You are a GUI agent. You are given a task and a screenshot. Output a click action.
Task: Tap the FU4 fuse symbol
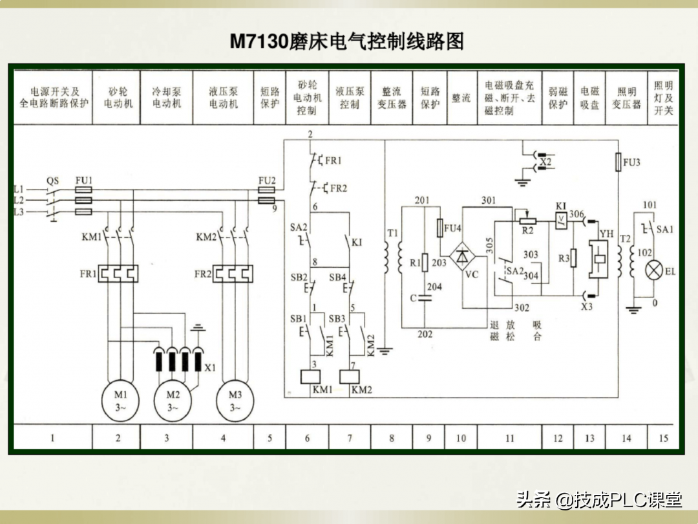pos(441,228)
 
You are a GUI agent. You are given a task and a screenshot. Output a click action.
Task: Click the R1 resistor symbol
pos(425,262)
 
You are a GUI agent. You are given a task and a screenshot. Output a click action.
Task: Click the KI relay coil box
pos(561,221)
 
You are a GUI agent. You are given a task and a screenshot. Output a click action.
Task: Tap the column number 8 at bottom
pos(391,438)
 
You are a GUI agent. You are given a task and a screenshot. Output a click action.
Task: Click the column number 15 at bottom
pos(663,438)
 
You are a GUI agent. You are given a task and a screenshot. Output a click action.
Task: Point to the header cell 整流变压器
pos(391,98)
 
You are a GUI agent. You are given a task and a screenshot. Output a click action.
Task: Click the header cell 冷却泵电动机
pos(166,98)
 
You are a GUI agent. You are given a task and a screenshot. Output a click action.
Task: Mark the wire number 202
pos(424,334)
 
